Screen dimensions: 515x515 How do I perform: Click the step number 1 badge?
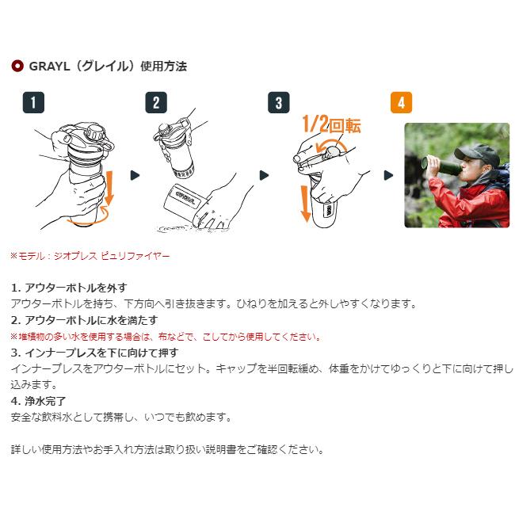coord(33,103)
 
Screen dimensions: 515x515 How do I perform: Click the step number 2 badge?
coord(156,103)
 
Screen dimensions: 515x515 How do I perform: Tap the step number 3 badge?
coord(278,103)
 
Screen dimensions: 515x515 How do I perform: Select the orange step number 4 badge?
coord(402,103)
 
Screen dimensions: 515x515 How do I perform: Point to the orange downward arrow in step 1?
coord(110,186)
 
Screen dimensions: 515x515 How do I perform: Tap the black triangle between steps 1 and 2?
coord(134,175)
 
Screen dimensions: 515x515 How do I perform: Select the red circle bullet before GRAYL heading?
coord(17,67)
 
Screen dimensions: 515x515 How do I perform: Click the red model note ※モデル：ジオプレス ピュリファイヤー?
coord(89,256)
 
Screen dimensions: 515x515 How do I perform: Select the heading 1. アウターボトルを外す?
coord(68,288)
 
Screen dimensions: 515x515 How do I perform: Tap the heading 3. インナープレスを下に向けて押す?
coord(94,353)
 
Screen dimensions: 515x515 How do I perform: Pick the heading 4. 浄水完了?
coord(39,401)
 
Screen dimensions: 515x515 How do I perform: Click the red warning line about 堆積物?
coord(166,337)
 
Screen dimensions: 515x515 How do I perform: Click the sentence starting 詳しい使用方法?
coord(167,449)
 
